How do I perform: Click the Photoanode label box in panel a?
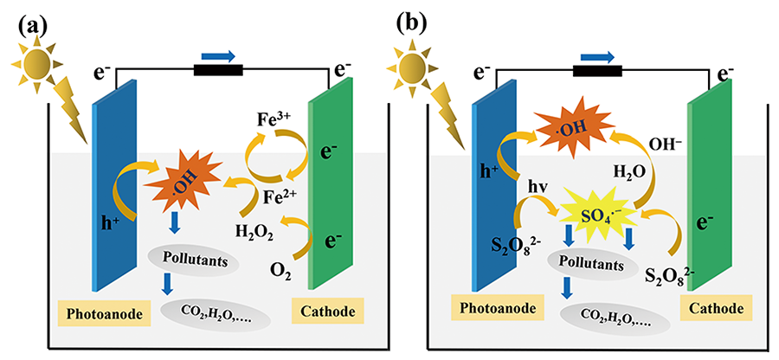[x=97, y=310]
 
